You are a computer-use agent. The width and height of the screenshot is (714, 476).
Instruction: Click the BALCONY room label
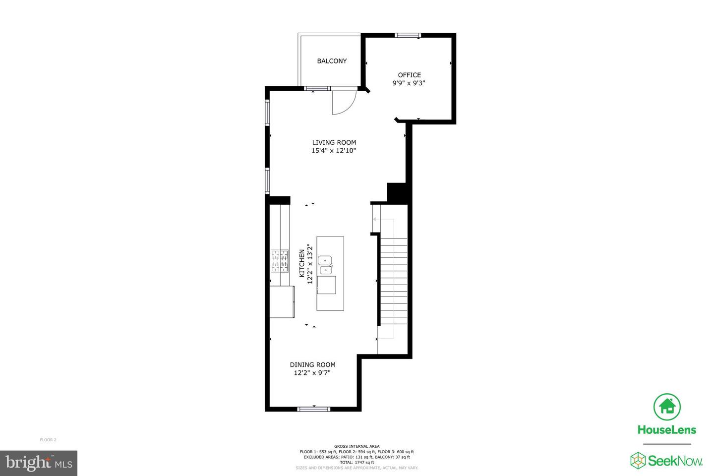[332, 61]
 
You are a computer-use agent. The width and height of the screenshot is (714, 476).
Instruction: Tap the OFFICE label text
[409, 75]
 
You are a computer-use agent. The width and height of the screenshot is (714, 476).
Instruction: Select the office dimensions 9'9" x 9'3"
[409, 83]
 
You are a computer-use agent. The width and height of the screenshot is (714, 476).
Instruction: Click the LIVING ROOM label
[334, 142]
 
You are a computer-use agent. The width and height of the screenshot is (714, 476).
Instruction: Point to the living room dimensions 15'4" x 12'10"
[333, 150]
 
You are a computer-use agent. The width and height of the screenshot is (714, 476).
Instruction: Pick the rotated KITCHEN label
[301, 263]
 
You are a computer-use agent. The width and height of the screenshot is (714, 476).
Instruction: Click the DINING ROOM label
[312, 365]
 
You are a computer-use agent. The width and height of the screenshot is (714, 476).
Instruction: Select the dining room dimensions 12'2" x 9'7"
[312, 373]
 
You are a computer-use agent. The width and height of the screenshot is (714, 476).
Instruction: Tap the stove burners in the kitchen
[280, 261]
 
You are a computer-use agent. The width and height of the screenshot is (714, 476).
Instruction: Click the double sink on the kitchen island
[325, 265]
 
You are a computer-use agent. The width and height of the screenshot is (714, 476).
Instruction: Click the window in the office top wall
[408, 35]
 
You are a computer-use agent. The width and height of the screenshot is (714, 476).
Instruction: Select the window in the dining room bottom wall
[314, 409]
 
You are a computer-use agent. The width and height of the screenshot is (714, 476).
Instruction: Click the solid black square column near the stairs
[396, 192]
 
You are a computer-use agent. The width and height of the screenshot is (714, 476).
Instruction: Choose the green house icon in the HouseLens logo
[667, 407]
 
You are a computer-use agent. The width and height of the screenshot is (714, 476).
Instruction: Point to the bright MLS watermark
[39, 463]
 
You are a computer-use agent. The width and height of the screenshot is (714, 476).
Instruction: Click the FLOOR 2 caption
[48, 440]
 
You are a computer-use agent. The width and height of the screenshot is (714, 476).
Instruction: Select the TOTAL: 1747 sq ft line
[357, 462]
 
